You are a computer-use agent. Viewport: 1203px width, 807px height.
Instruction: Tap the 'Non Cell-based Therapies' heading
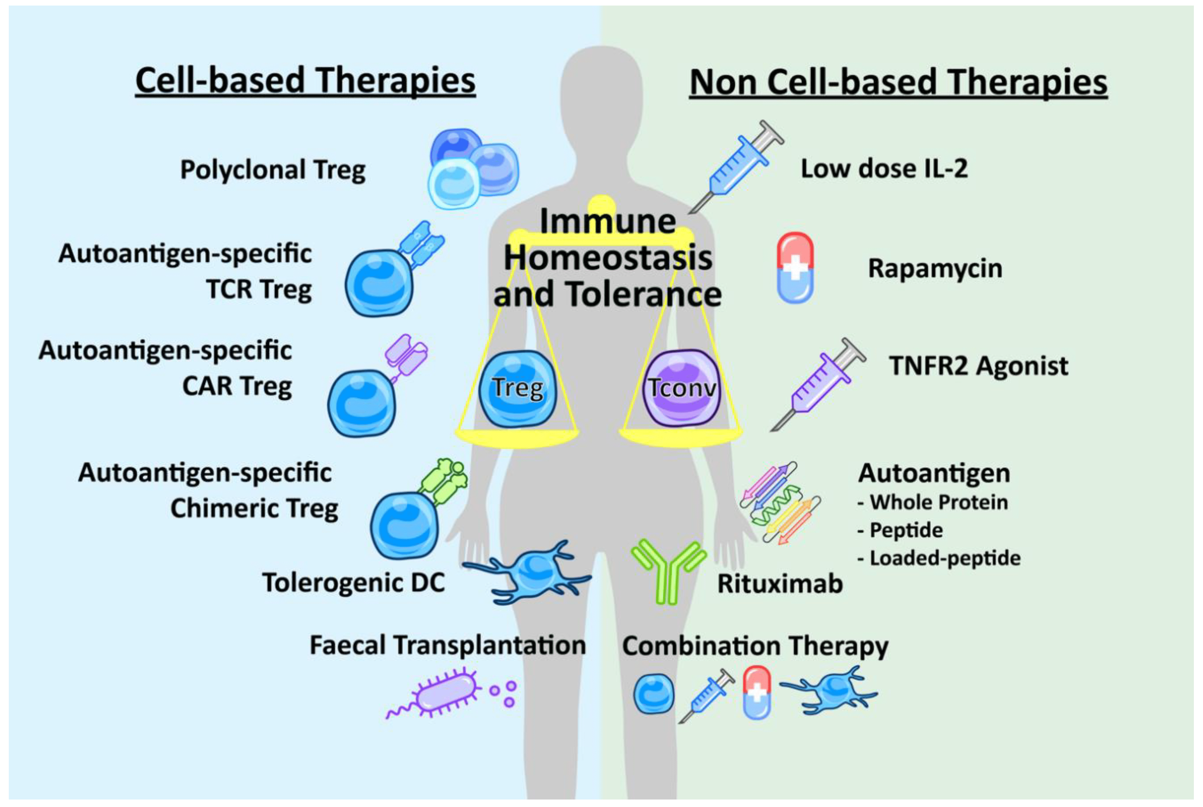[x=898, y=82]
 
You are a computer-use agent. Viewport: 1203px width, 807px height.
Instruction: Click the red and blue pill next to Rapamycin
[x=795, y=268]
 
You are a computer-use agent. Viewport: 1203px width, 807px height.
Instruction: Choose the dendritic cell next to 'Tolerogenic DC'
[x=530, y=571]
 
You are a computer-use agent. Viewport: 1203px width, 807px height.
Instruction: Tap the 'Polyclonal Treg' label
[x=273, y=170]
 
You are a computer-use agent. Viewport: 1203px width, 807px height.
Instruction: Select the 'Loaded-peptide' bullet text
[x=944, y=558]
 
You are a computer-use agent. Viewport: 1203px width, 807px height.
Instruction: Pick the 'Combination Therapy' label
[x=755, y=646]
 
